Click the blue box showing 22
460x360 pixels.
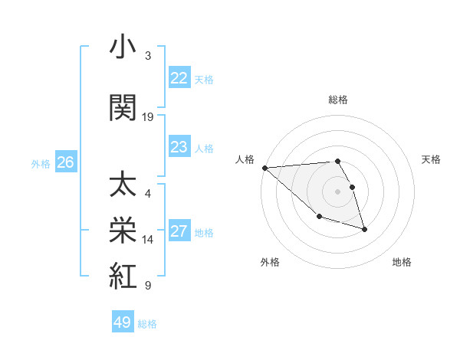pyautogui.click(x=179, y=78)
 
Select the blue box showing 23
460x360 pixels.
pyautogui.click(x=179, y=147)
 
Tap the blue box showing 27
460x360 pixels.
pyautogui.click(x=179, y=231)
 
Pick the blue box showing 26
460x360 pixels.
pyautogui.click(x=65, y=162)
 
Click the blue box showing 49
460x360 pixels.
pyautogui.click(x=122, y=322)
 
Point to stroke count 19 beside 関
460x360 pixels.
pyautogui.click(x=148, y=117)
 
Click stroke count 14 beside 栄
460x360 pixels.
pyautogui.click(x=148, y=240)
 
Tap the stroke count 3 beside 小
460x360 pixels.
pyautogui.click(x=148, y=57)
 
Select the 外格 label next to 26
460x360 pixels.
pyautogui.click(x=40, y=163)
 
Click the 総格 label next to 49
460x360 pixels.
pyautogui.click(x=147, y=323)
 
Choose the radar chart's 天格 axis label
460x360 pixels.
pyautogui.click(x=432, y=159)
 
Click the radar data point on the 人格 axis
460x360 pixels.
pyautogui.click(x=264, y=168)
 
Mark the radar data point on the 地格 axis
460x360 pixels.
pyautogui.click(x=364, y=229)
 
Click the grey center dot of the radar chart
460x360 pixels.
pyautogui.click(x=337, y=191)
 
